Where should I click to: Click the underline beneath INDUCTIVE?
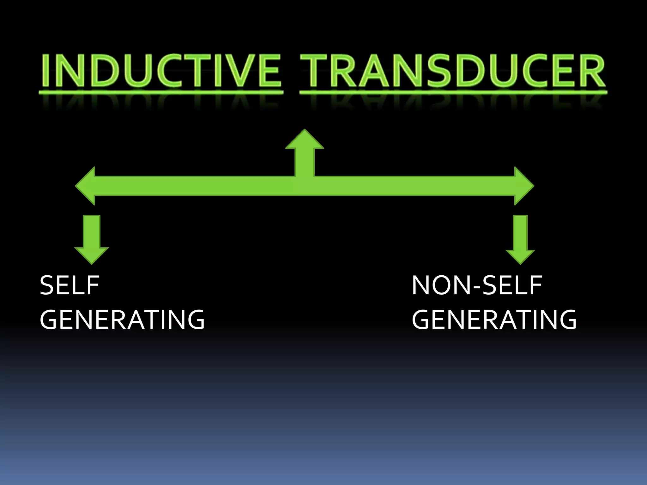161,92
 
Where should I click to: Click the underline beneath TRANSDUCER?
453,92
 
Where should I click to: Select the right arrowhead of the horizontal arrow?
524,186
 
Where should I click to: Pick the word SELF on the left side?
70,285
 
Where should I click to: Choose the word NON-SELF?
477,285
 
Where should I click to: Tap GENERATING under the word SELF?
122,319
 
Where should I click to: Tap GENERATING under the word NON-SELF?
494,319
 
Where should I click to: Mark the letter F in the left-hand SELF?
94,285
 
